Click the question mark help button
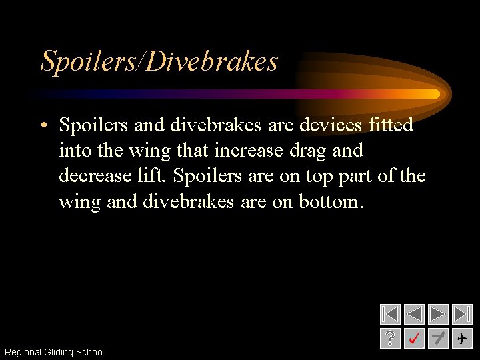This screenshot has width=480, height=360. tap(390, 339)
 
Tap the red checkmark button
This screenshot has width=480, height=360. tap(414, 339)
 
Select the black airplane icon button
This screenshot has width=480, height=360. tap(462, 339)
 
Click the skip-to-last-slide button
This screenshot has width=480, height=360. tap(462, 314)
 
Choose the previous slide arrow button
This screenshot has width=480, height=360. tap(414, 314)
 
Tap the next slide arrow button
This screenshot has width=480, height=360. tap(438, 314)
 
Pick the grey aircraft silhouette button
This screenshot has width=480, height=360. tap(438, 339)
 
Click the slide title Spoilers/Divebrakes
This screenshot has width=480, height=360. tap(159, 61)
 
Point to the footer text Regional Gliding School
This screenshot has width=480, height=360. tap(54, 352)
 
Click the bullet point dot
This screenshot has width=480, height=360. tap(43, 125)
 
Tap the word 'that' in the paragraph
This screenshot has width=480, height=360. tap(192, 151)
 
